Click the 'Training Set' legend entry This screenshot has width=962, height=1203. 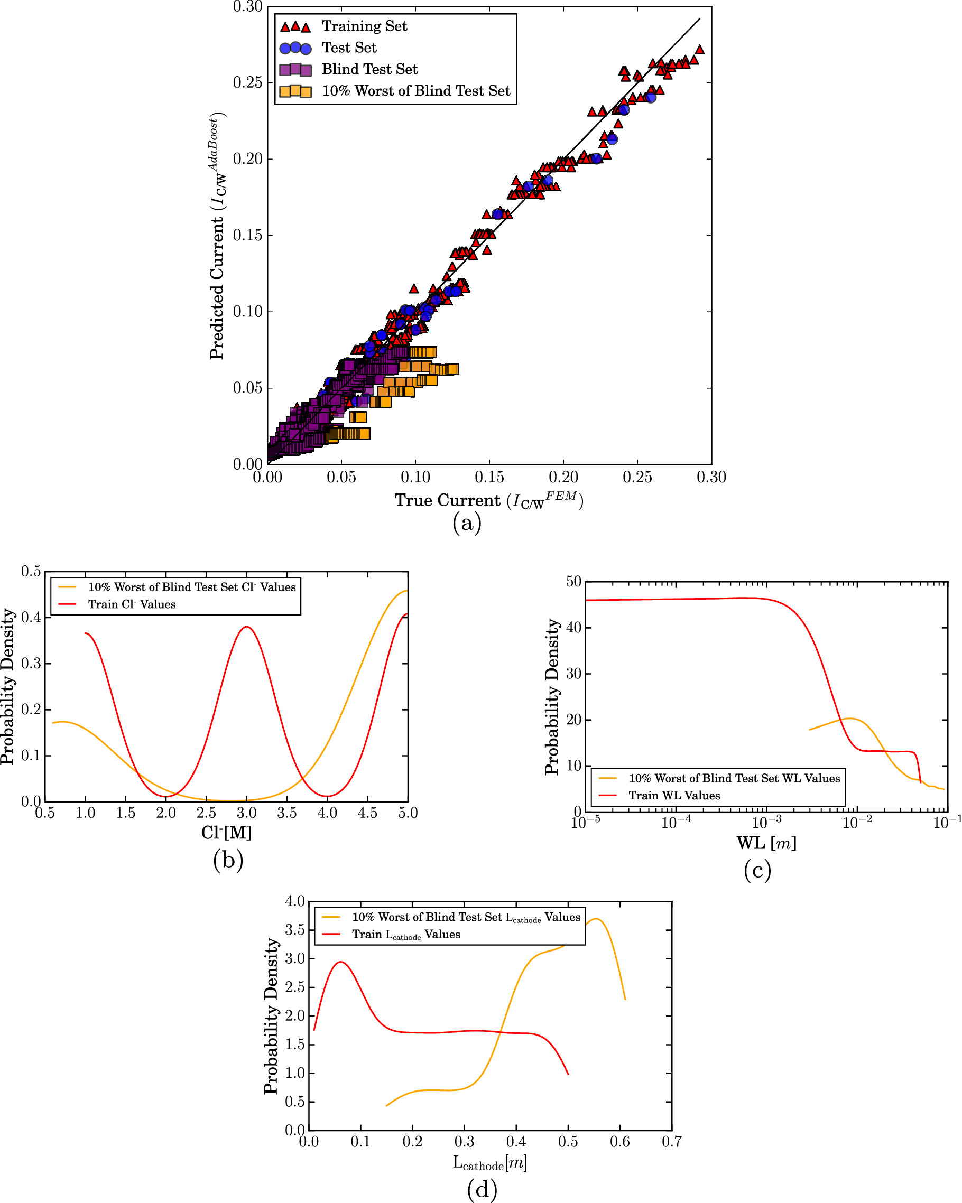pos(364,26)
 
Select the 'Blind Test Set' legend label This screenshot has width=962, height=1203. pos(369,69)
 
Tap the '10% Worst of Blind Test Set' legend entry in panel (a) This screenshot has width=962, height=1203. pos(415,91)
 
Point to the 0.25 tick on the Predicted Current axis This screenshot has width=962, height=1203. pos(247,82)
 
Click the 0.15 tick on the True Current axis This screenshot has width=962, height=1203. pos(489,478)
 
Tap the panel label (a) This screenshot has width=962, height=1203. pos(467,524)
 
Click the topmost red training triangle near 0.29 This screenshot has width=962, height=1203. pos(699,50)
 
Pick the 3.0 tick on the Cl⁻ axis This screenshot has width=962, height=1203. pos(246,814)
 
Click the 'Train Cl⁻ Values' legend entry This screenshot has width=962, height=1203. pos(132,604)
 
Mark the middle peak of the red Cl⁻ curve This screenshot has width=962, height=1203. pos(246,627)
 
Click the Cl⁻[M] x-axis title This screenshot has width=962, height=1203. pos(226,833)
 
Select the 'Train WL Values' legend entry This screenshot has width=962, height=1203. pos(674,796)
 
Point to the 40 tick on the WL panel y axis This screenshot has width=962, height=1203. pos(574,628)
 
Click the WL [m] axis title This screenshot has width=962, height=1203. pos(766,843)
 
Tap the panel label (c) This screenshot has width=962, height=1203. pos(757,871)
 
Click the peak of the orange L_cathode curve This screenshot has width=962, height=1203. pos(596,919)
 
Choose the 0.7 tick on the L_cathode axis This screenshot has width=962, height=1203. pos(671,1142)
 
